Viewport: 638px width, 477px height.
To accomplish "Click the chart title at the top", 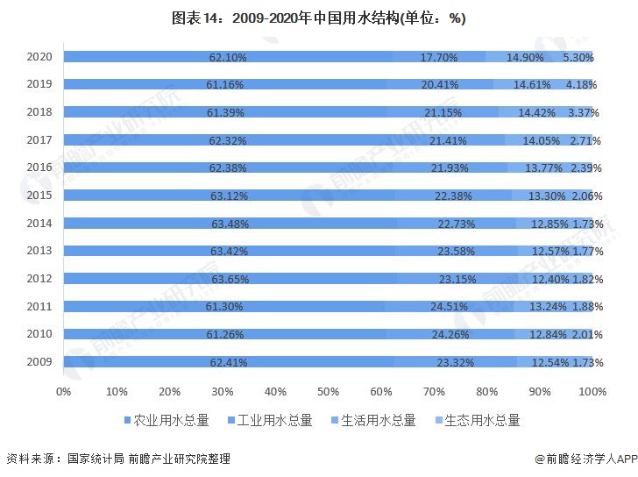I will [x=318, y=18].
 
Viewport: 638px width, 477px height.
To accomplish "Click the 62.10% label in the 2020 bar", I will [x=228, y=57].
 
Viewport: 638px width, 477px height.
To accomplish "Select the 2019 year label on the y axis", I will [x=39, y=84].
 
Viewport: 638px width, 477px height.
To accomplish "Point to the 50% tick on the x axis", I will [x=329, y=390].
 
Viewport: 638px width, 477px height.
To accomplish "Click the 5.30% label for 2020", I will [x=578, y=57].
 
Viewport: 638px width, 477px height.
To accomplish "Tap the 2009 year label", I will [x=39, y=361].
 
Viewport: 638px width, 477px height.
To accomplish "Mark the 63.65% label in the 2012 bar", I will [x=230, y=279].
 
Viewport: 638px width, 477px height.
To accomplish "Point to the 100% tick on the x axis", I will [x=593, y=390].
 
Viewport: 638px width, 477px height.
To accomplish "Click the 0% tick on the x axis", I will [x=63, y=390].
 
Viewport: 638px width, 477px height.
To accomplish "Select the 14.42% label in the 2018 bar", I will [x=536, y=112].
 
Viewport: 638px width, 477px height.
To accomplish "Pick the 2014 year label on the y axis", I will [x=39, y=223].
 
